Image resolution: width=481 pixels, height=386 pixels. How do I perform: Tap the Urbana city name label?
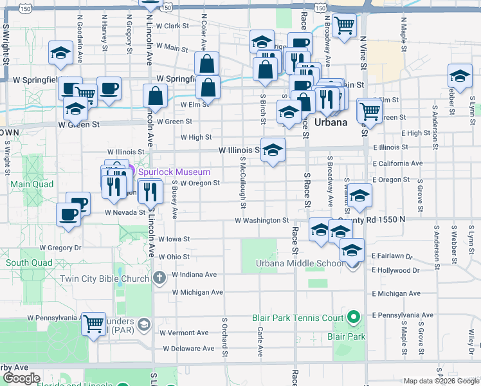point(331,122)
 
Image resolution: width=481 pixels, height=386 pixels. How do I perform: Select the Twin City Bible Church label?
point(105,279)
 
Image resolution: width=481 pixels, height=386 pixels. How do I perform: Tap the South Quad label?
point(29,262)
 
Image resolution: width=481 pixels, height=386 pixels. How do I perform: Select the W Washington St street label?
point(262,220)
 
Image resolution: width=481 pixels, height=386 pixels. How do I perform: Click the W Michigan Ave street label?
point(197,292)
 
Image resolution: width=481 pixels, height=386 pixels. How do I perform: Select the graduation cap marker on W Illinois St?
point(273,151)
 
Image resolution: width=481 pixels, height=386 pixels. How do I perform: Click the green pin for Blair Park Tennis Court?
point(352,317)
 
